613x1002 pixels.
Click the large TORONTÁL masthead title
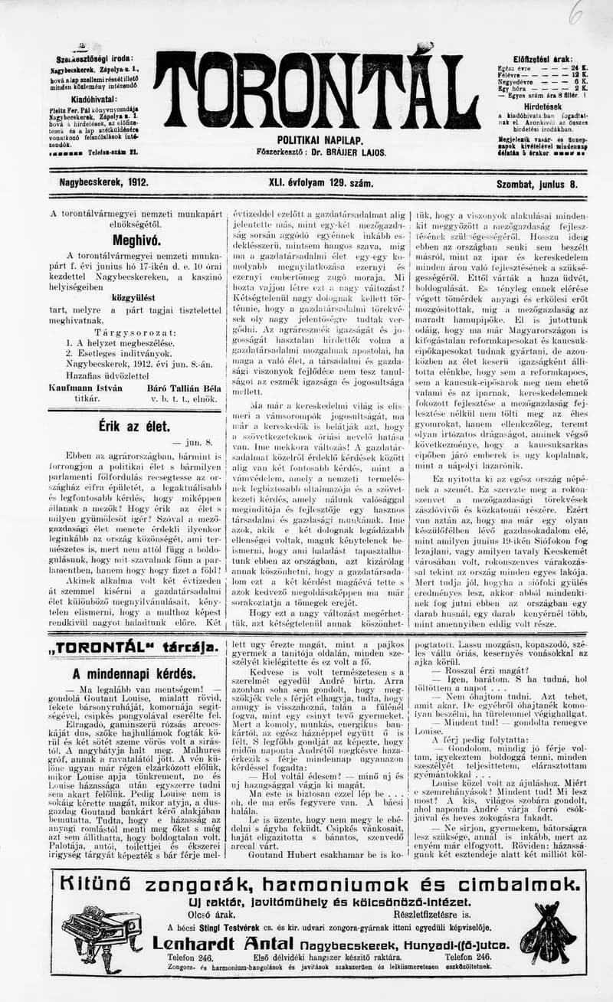pyautogui.click(x=316, y=90)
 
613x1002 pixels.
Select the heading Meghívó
pyautogui.click(x=136, y=239)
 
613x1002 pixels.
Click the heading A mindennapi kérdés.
pyautogui.click(x=133, y=674)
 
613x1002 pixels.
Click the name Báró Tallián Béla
pyautogui.click(x=182, y=388)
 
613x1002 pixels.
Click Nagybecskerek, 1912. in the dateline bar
pyautogui.click(x=103, y=184)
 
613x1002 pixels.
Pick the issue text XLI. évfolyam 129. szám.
pyautogui.click(x=321, y=184)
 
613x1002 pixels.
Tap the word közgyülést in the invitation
pyautogui.click(x=135, y=296)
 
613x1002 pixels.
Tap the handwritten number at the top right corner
pyautogui.click(x=575, y=11)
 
